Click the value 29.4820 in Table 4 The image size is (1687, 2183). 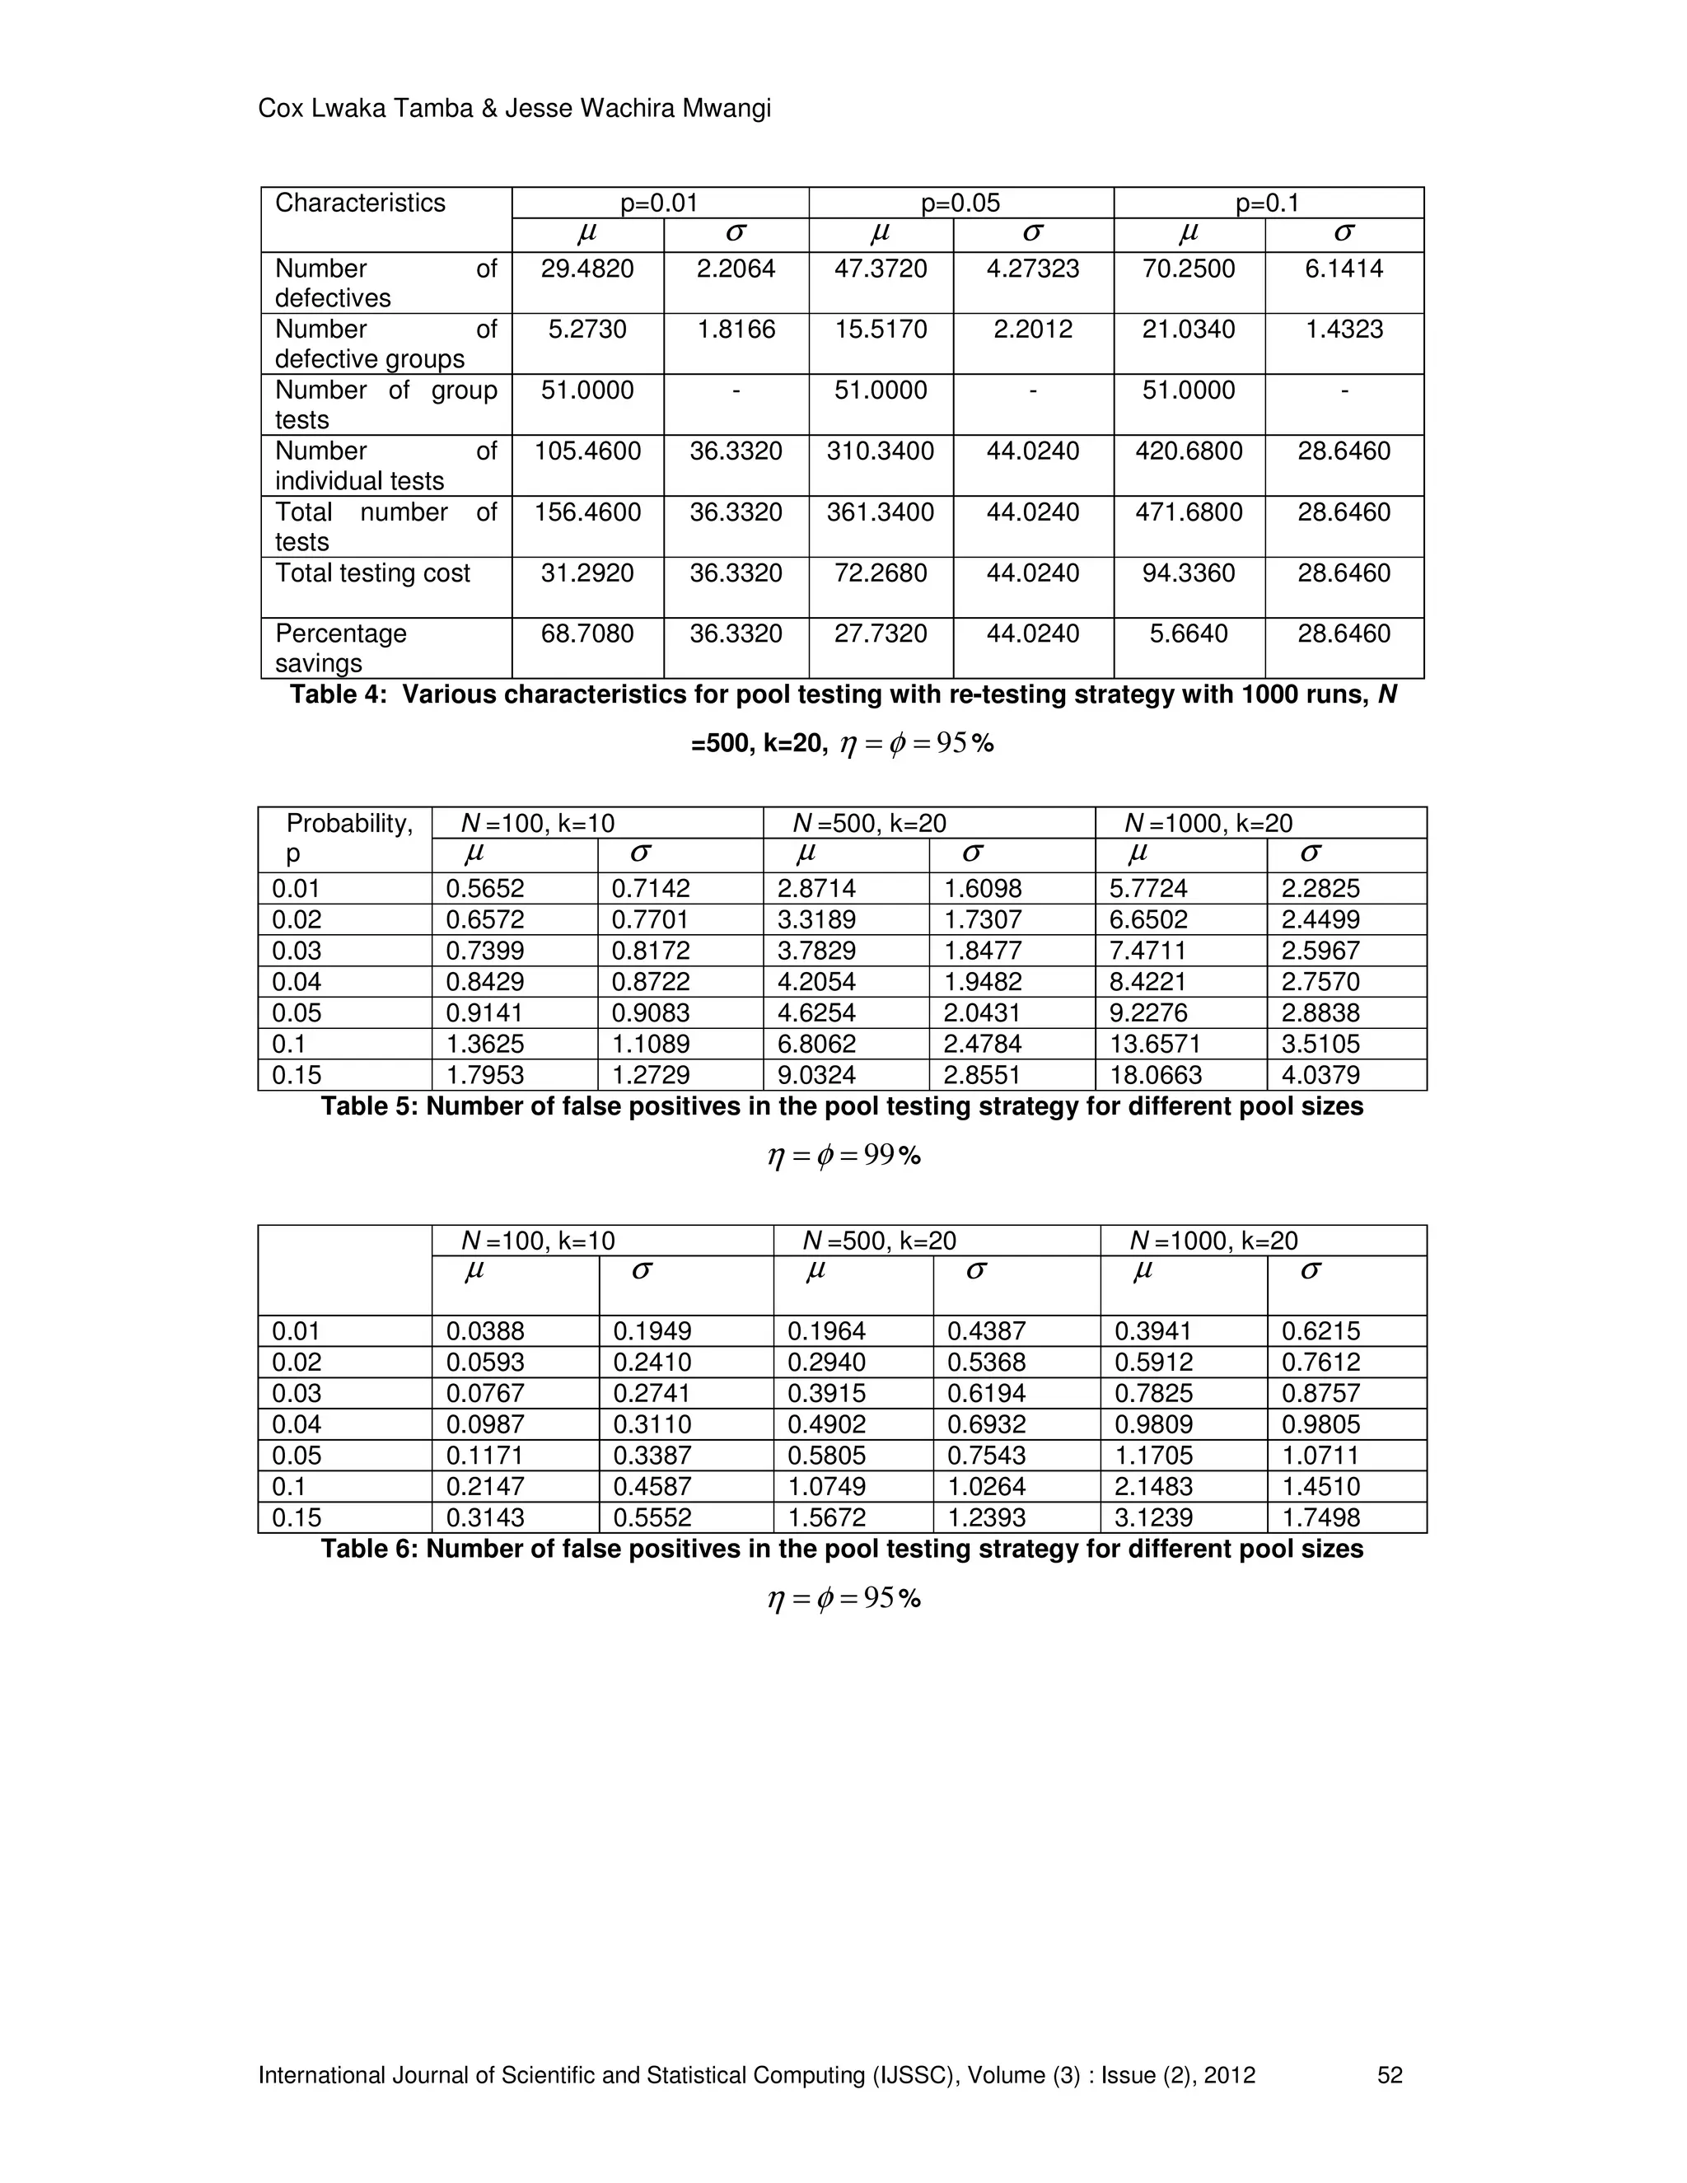[x=586, y=269]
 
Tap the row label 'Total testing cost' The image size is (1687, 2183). [x=372, y=573]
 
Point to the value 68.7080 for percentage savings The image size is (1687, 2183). [x=586, y=633]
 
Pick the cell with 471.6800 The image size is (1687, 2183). [x=1189, y=512]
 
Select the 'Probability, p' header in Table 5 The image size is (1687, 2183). [x=348, y=838]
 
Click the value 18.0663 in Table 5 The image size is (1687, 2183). [x=1156, y=1076]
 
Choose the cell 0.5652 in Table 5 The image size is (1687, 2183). [x=484, y=889]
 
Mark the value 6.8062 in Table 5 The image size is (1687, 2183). [x=816, y=1045]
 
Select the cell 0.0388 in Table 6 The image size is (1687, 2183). [x=484, y=1331]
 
